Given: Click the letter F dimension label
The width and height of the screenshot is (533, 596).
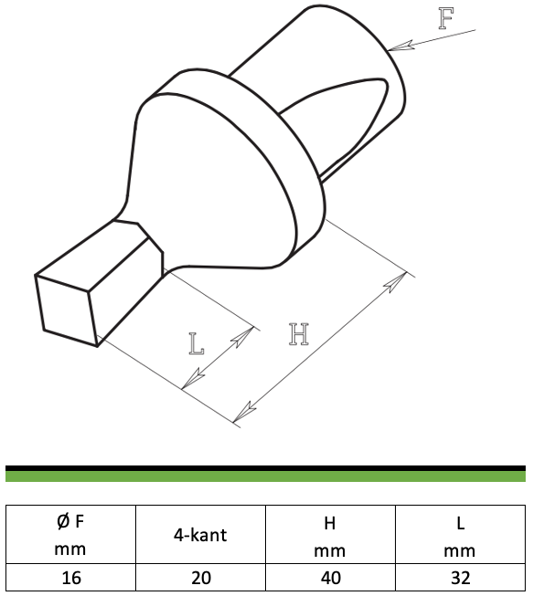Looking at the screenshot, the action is coord(446,18).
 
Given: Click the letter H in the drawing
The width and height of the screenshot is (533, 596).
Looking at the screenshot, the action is coord(298,334).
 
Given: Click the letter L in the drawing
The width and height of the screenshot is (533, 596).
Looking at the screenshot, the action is coord(197,343).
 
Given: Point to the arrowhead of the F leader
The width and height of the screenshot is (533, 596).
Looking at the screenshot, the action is coord(400,46).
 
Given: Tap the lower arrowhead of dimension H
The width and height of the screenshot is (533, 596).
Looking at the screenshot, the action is coord(244,412).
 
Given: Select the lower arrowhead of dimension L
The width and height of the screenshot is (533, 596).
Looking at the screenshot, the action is coord(193,379).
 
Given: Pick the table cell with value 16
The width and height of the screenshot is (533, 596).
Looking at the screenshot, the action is coord(70,578).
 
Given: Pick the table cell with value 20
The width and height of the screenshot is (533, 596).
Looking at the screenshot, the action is coord(200,578).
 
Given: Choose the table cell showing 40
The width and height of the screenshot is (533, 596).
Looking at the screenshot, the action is coord(330,578).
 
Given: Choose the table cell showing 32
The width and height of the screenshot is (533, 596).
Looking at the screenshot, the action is coord(460,578).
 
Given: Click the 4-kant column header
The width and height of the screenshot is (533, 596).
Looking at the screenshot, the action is coord(200,535).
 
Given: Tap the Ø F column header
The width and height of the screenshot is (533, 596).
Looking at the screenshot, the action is coord(70,535).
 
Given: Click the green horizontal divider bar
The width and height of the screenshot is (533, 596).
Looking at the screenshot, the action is coord(265,476).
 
